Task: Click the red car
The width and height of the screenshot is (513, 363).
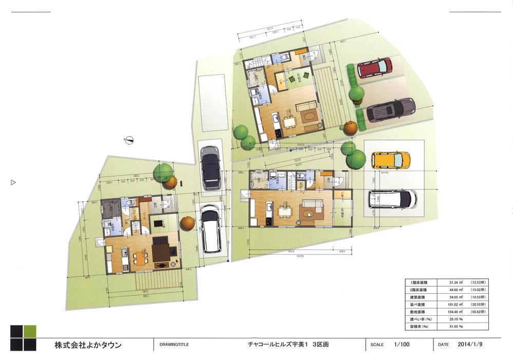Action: [x=375, y=67]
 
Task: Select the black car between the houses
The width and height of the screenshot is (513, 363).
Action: [x=211, y=167]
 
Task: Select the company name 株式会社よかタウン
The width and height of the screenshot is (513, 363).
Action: [x=88, y=345]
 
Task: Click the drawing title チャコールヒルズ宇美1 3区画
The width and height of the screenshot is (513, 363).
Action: [x=288, y=345]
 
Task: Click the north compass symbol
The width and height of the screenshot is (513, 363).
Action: [x=130, y=139]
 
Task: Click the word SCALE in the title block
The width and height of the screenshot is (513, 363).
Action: [x=377, y=345]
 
